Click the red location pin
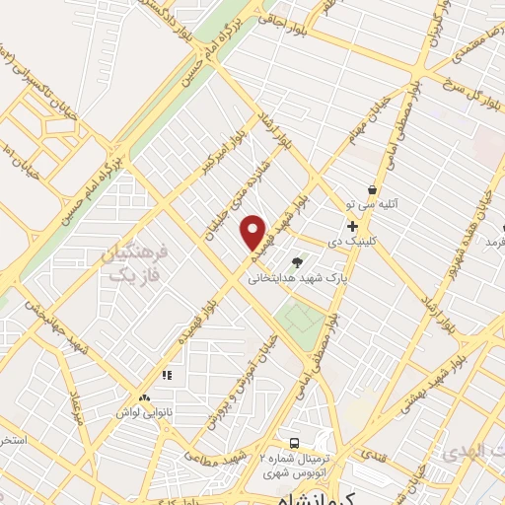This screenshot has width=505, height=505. [253, 233]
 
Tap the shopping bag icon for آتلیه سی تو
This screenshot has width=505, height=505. [371, 190]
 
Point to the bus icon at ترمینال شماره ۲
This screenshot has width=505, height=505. [293, 442]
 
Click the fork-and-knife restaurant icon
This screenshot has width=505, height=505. [167, 376]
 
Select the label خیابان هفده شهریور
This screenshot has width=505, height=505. [472, 222]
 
